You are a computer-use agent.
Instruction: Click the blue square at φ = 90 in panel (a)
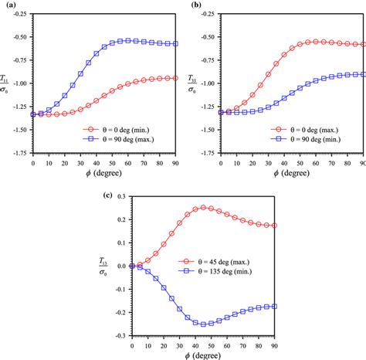tap(176, 44)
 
